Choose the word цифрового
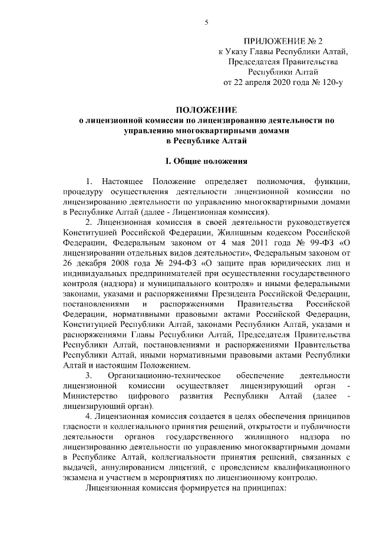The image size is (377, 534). click(140, 396)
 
